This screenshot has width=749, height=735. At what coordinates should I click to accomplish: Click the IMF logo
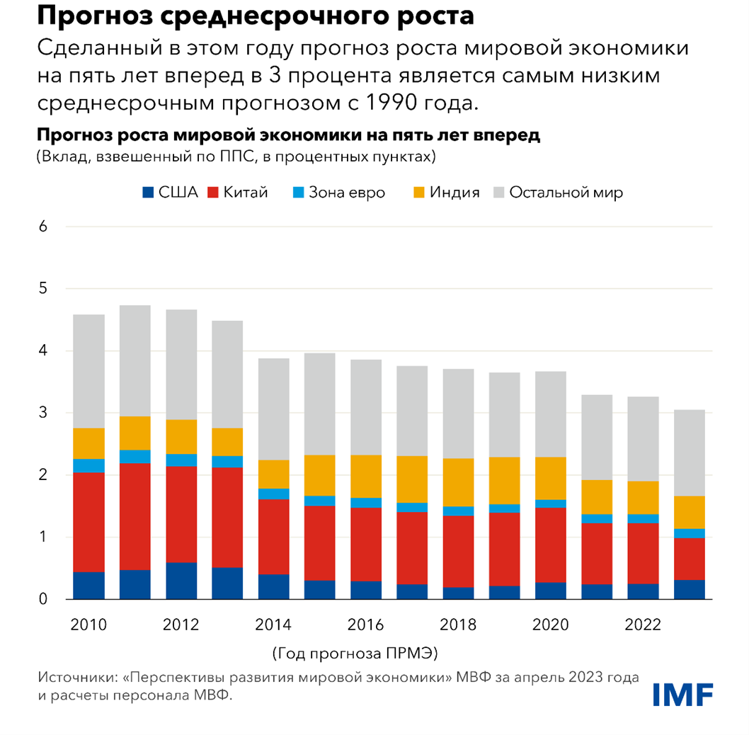(x=682, y=693)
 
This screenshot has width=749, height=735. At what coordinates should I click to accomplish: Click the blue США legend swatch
(x=148, y=193)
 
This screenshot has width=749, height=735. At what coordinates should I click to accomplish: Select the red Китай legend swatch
(x=212, y=193)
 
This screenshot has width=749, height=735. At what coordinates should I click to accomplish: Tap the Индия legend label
(x=455, y=193)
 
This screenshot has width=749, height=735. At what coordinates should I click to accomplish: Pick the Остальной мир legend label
(x=566, y=193)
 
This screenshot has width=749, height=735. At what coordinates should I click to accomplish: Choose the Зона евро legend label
(x=347, y=193)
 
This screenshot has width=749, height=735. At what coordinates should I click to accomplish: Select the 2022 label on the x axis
(x=644, y=625)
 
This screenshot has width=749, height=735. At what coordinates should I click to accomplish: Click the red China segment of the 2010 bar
(x=89, y=522)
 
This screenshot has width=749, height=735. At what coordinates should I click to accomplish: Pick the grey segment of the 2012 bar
(x=181, y=365)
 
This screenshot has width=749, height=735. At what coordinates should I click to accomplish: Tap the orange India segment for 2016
(x=366, y=476)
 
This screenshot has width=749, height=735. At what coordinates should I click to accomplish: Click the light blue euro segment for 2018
(x=458, y=511)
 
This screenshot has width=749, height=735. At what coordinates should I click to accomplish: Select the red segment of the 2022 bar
(x=644, y=553)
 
